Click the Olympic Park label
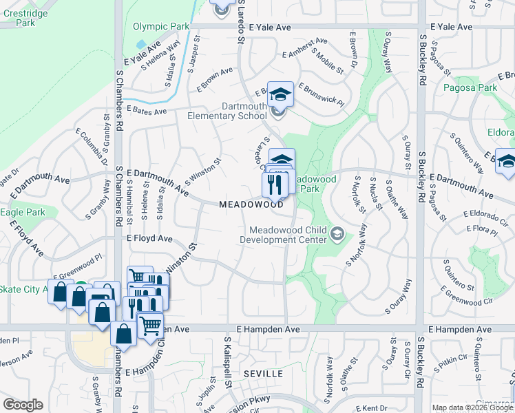(x=160, y=27)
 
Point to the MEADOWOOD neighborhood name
(x=251, y=204)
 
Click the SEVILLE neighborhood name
(x=263, y=374)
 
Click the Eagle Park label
(x=23, y=212)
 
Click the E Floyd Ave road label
(x=149, y=238)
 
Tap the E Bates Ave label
(x=147, y=110)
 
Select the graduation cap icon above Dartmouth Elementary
(x=280, y=94)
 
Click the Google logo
(x=23, y=405)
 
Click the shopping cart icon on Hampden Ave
(x=150, y=324)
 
